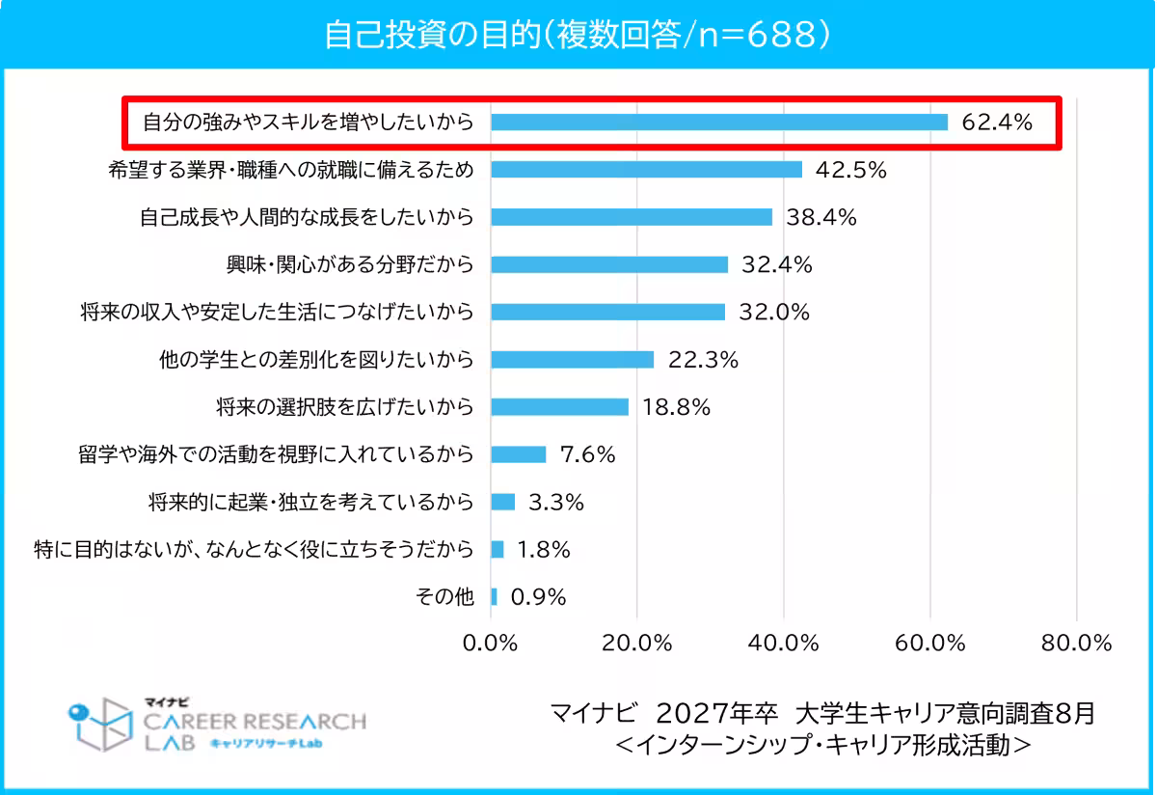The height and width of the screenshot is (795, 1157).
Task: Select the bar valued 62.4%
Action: pos(719,123)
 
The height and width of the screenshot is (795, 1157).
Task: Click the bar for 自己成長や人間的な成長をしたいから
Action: pos(632,217)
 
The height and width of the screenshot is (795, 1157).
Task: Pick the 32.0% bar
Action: pos(608,312)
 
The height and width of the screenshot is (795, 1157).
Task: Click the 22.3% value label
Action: pos(703,360)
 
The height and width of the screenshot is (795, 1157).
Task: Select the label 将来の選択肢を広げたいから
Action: pos(345,407)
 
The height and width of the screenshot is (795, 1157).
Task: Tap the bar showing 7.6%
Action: pos(519,454)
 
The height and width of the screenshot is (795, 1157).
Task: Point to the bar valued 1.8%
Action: pos(498,549)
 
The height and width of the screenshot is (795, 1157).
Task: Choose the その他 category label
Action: pos(444,597)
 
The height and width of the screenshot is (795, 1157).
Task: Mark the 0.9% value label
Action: pos(538,597)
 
